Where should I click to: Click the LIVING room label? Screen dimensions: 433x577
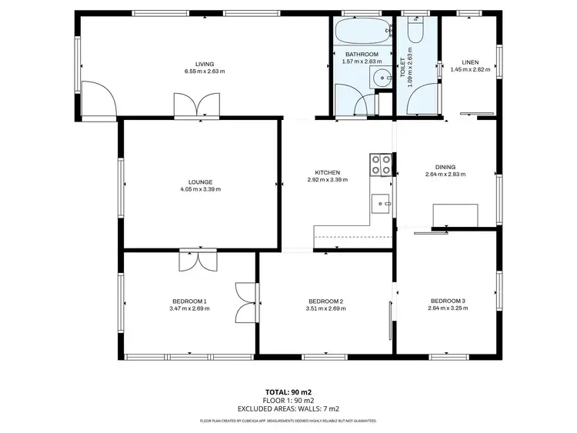tap(204, 64)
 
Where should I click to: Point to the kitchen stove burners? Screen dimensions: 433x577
tap(381, 164)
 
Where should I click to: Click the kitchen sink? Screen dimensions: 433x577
tap(382, 204)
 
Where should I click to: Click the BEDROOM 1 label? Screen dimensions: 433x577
tap(189, 301)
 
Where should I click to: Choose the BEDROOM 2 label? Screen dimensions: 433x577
tap(325, 301)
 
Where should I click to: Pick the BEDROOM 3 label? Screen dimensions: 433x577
tap(448, 301)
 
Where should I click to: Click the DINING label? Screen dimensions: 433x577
tap(445, 167)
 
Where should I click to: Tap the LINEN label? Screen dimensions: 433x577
tap(470, 62)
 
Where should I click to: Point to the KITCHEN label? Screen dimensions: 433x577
tap(327, 172)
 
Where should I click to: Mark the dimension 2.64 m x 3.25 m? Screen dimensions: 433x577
tap(448, 308)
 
